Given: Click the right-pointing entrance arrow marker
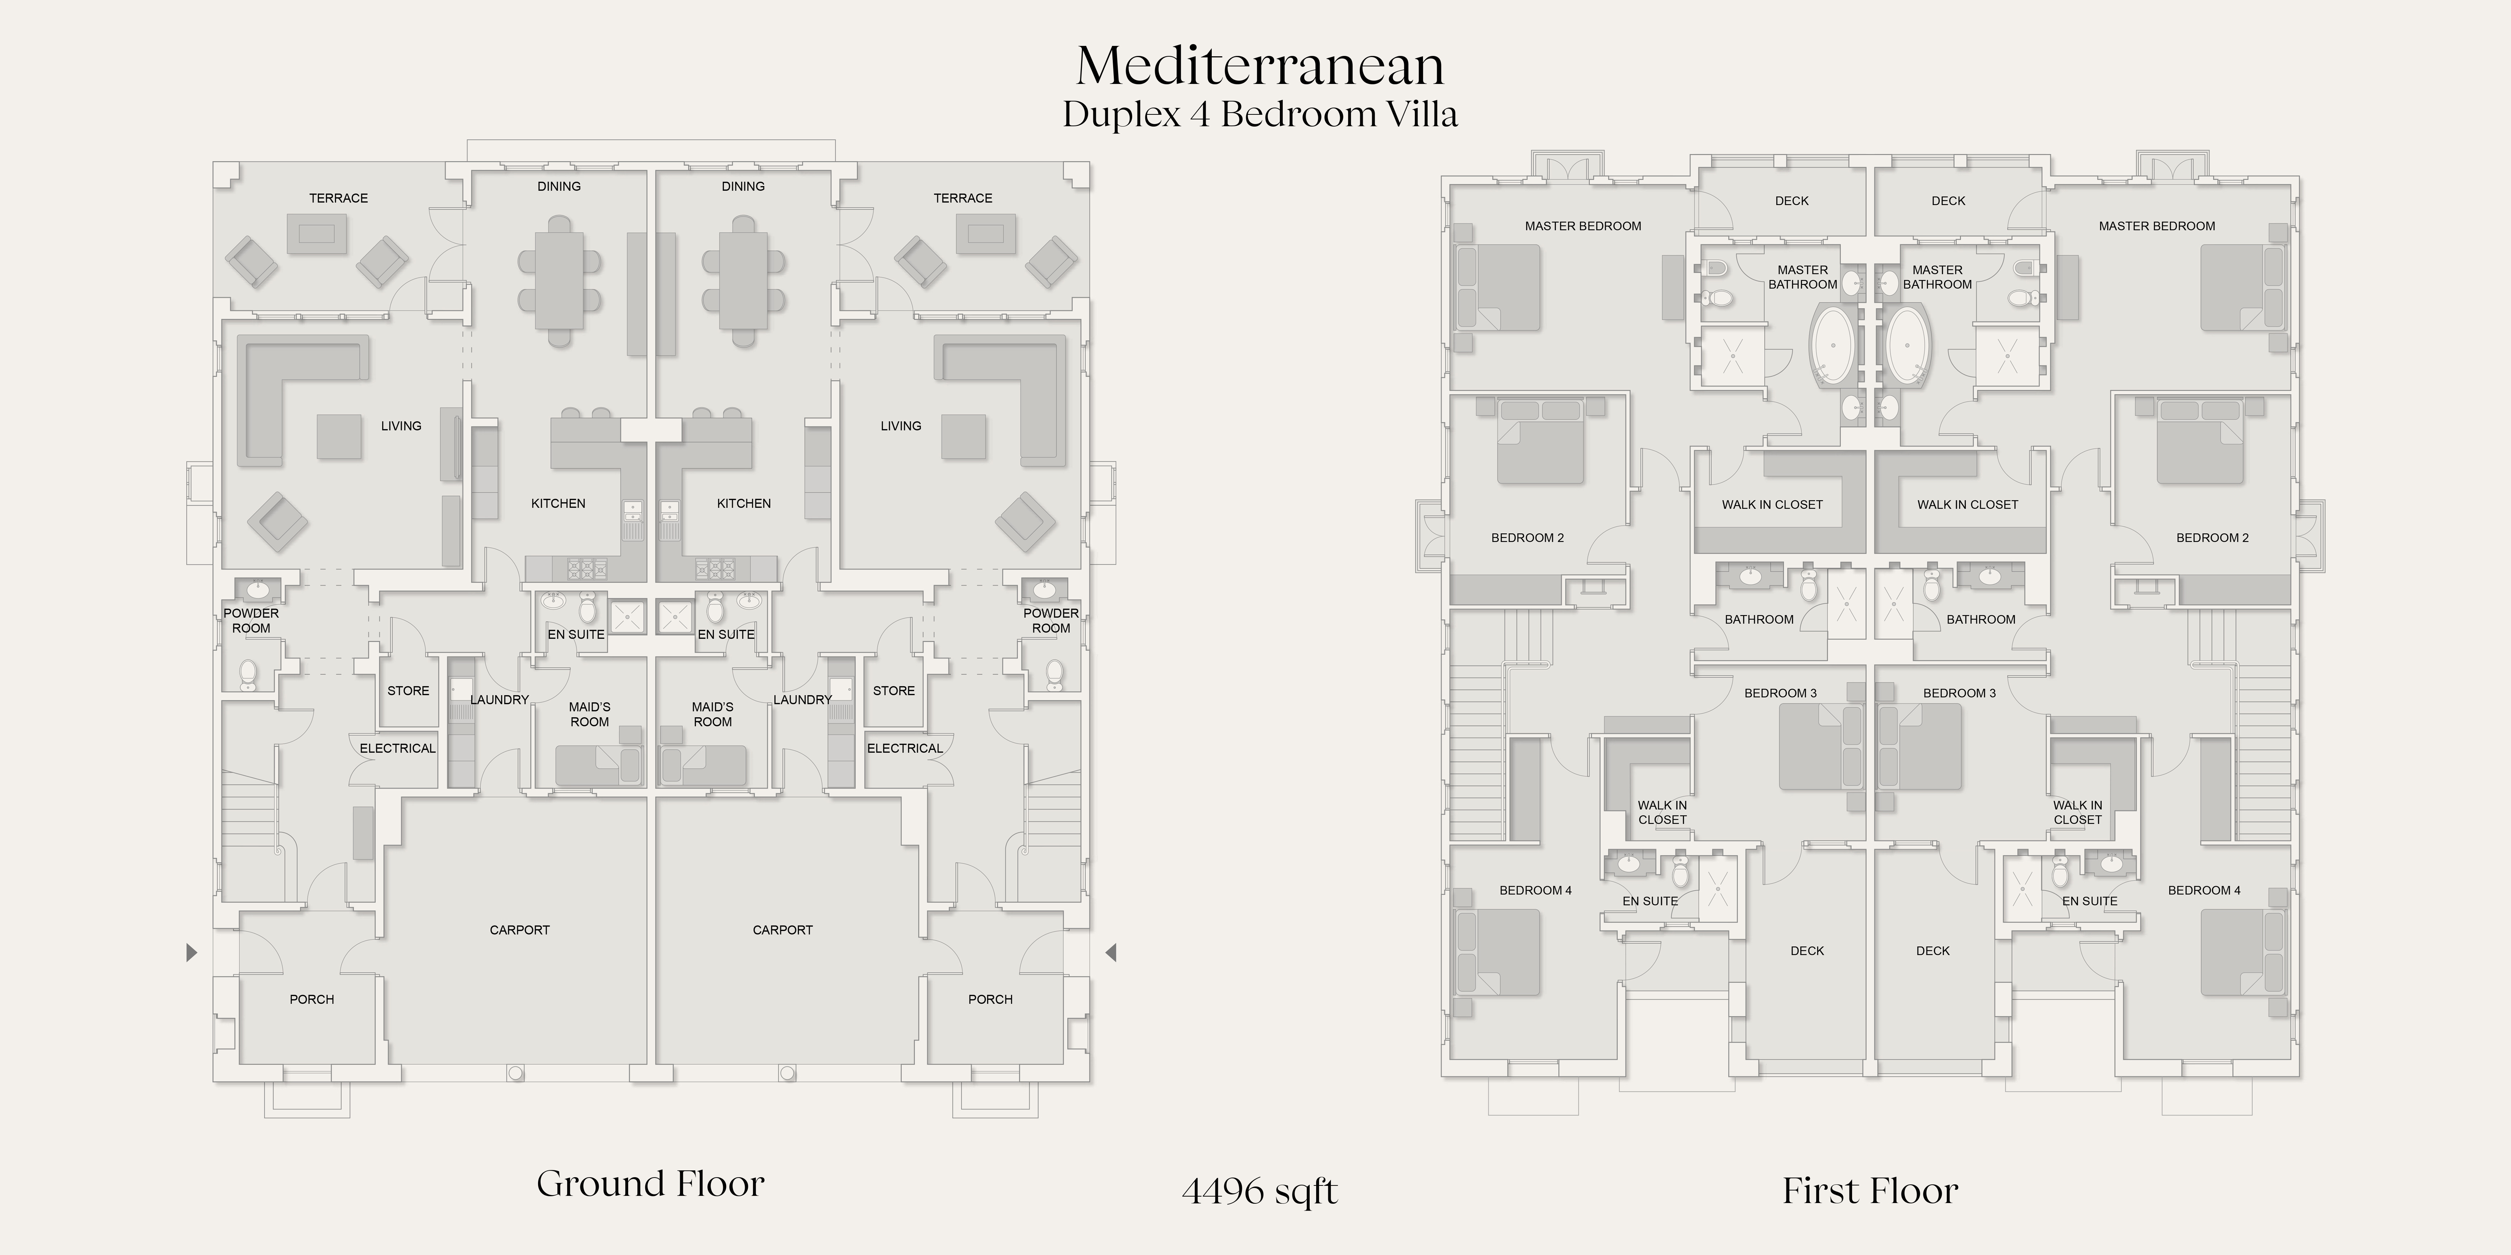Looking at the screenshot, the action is (192, 952).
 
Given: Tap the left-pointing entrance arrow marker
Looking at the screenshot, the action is (1110, 952).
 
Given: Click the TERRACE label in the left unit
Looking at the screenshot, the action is (338, 198).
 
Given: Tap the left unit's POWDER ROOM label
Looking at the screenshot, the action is (251, 621).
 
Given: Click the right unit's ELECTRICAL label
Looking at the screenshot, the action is (905, 748).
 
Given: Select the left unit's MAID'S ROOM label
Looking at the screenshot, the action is (590, 714).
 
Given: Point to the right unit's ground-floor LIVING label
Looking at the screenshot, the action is (901, 426).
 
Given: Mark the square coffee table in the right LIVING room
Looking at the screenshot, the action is (963, 436).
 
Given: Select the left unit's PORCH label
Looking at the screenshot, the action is (312, 999).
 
